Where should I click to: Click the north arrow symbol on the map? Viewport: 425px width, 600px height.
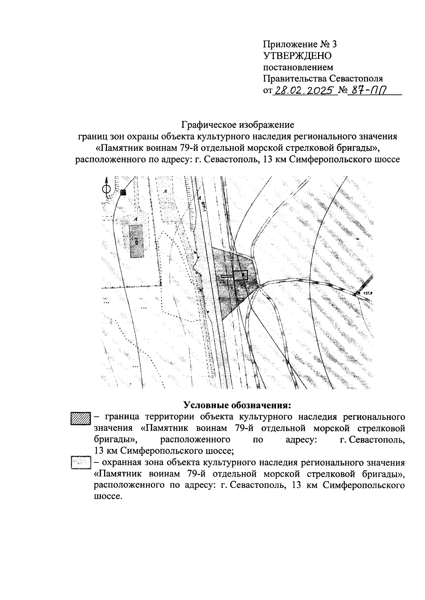[x=105, y=189]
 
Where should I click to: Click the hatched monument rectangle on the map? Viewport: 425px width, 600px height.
[x=240, y=275]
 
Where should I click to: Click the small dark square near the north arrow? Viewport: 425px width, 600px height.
[x=123, y=192]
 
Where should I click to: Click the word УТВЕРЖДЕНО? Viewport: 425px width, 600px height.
[x=297, y=56]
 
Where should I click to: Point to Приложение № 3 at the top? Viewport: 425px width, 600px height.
[x=299, y=44]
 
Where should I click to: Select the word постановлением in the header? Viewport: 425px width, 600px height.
[x=298, y=67]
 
